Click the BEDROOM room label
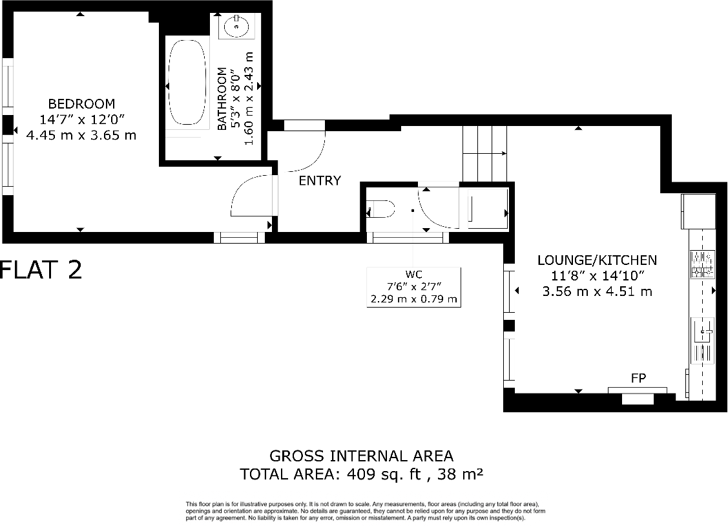click(x=81, y=103)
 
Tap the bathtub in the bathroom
click(x=186, y=82)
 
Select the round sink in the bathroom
click(x=236, y=26)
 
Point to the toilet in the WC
click(x=380, y=209)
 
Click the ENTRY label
click(x=320, y=180)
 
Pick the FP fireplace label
click(x=638, y=379)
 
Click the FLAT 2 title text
click(x=41, y=269)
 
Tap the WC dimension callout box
click(x=413, y=288)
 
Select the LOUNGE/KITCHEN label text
click(x=597, y=260)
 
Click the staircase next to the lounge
click(x=484, y=153)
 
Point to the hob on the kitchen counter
click(x=702, y=264)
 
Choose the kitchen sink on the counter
click(x=702, y=341)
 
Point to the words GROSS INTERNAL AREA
click(x=361, y=456)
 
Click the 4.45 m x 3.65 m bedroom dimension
click(x=81, y=136)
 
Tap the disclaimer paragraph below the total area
click(x=366, y=510)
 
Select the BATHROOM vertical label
click(x=222, y=98)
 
